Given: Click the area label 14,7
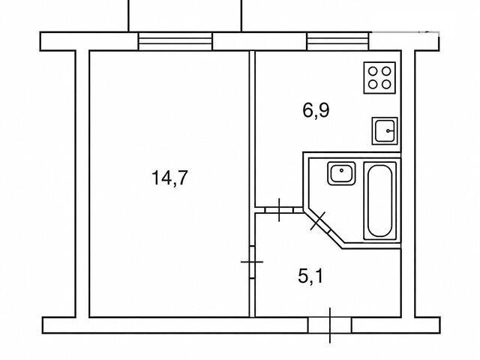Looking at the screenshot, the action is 169,178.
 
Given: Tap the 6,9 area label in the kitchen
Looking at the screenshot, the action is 316,110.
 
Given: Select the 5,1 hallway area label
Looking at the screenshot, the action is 310,277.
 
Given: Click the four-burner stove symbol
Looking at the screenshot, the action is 379,78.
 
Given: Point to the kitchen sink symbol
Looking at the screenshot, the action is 385,131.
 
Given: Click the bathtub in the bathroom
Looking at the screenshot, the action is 380,201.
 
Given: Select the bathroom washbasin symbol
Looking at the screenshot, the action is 341,173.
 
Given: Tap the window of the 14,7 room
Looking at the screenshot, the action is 175,41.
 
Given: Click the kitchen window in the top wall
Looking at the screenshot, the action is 338,41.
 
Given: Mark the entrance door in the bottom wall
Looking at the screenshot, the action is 330,325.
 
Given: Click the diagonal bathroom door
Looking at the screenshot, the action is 318,221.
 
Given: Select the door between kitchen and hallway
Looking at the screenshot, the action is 279,210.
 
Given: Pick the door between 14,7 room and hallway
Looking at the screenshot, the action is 252,262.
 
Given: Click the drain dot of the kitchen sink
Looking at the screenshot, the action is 388,131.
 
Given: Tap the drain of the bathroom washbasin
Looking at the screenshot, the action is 341,170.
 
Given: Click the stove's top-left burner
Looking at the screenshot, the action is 373,71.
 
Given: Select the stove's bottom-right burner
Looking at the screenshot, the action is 386,84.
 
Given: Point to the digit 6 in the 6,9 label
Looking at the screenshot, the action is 308,110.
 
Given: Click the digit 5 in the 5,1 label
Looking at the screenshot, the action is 303,277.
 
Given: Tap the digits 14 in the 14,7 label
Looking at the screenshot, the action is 162,178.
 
